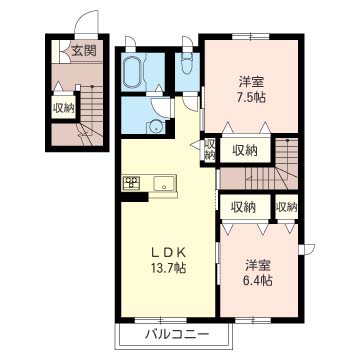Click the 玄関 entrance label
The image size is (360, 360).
pyautogui.click(x=84, y=51)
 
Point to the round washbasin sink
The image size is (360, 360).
pyautogui.click(x=155, y=126)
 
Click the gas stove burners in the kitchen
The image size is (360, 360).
pyautogui.click(x=131, y=183)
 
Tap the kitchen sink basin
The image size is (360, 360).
pyautogui.click(x=164, y=183)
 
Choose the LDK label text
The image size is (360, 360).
pyautogui.click(x=168, y=253)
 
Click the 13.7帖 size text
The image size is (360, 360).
pyautogui.click(x=168, y=268)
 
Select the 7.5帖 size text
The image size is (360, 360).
pyautogui.click(x=252, y=97)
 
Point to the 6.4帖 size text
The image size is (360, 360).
pyautogui.click(x=258, y=281)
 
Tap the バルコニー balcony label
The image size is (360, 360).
pyautogui.click(x=177, y=334)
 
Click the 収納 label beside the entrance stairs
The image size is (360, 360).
pyautogui.click(x=63, y=108)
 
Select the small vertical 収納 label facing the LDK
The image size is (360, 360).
pyautogui.click(x=210, y=149)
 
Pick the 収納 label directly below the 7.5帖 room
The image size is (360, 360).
pyautogui.click(x=245, y=151)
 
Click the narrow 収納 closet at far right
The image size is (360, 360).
pyautogui.click(x=286, y=207)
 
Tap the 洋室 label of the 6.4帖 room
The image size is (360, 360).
pyautogui.click(x=258, y=266)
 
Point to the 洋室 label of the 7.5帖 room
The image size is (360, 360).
pyautogui.click(x=252, y=82)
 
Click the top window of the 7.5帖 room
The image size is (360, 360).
pyautogui.click(x=250, y=36)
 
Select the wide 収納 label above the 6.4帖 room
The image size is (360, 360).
pyautogui.click(x=244, y=207)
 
